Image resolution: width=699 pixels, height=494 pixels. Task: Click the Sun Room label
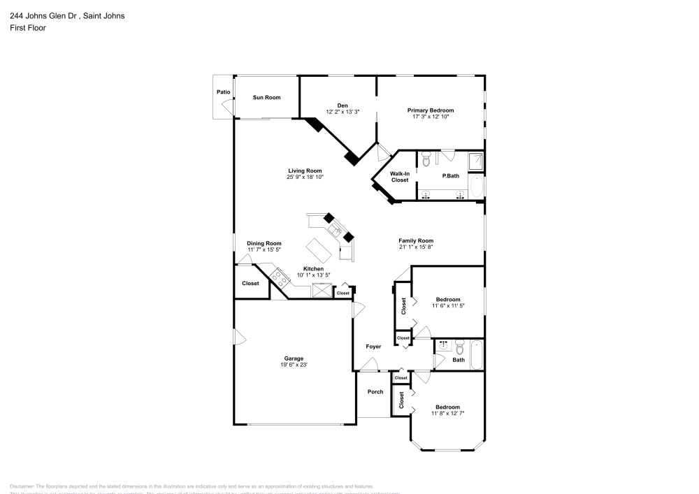(x=266, y=98)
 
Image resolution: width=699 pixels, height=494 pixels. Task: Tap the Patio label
(x=223, y=92)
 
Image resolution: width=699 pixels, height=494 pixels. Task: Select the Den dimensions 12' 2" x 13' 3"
(x=343, y=112)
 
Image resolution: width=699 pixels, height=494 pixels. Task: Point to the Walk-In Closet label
(x=399, y=177)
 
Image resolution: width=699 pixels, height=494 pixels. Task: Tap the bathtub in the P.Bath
(x=477, y=187)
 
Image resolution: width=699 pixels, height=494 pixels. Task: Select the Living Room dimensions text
(x=304, y=177)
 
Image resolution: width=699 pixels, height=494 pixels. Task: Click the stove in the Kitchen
(x=280, y=279)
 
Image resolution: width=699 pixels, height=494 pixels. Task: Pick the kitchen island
(x=320, y=248)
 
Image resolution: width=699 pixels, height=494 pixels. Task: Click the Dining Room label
(x=264, y=243)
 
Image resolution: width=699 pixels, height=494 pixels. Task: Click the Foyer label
(x=374, y=347)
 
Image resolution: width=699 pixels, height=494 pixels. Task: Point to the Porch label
(x=375, y=392)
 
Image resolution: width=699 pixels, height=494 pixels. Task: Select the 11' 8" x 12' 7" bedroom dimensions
(x=447, y=414)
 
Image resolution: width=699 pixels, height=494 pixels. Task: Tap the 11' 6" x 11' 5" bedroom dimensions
(x=448, y=305)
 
